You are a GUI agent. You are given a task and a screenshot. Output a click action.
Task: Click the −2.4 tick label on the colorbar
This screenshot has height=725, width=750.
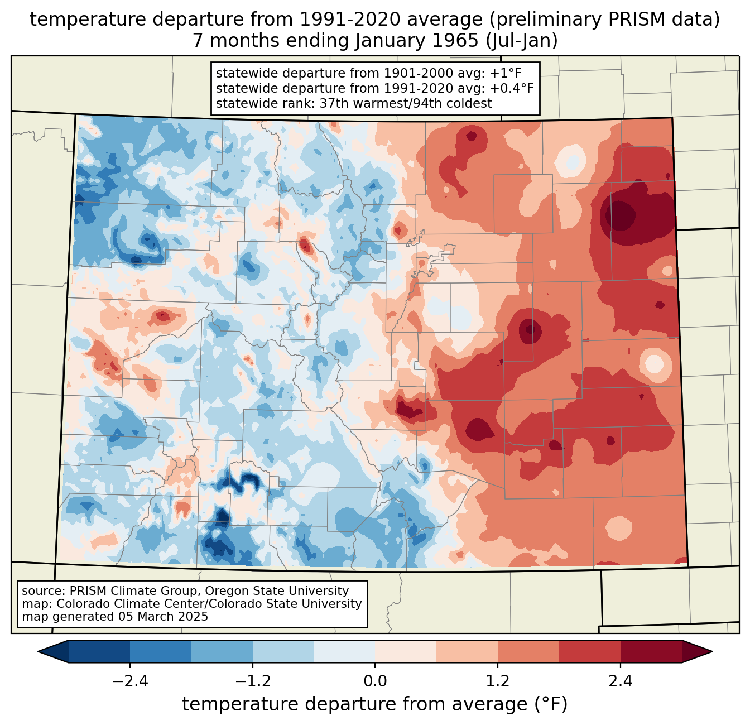coord(130,681)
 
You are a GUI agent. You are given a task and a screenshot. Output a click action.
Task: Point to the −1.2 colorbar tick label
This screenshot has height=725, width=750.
coord(252,681)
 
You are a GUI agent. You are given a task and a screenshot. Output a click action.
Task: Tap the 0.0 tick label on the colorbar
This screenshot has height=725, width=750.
coord(375,681)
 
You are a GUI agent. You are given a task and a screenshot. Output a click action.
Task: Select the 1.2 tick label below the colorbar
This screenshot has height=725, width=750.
coord(498,681)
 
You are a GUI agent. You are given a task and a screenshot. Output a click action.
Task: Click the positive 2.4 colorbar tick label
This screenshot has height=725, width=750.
coord(620,681)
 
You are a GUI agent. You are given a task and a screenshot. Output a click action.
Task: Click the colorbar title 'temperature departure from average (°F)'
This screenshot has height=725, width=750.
coord(374,704)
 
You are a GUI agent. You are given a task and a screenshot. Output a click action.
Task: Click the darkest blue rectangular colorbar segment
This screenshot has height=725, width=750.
coord(99,651)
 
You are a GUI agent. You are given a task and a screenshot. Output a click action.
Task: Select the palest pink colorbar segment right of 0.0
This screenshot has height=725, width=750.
coord(406,651)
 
